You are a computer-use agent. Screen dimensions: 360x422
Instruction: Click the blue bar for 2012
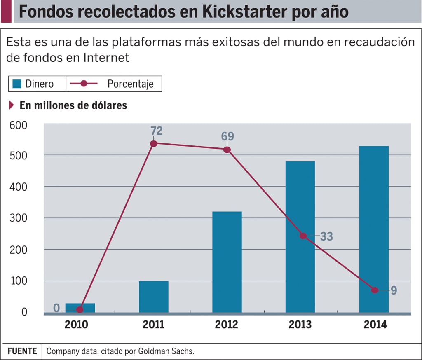[227, 262]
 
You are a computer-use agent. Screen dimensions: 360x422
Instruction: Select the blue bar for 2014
[374, 229]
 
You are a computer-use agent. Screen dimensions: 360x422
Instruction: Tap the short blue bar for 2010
[80, 308]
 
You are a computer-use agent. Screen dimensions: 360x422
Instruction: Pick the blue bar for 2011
[154, 297]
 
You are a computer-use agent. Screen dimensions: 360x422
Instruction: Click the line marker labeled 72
[154, 144]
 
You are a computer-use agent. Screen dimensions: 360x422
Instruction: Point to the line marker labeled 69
[227, 150]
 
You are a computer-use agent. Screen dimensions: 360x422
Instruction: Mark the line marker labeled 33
[303, 236]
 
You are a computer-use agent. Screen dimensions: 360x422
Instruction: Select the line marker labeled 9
[374, 290]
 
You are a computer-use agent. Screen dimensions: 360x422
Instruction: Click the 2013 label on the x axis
[300, 325]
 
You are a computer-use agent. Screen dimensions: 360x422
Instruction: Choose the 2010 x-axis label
[76, 325]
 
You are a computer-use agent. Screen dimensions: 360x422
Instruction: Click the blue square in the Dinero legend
[17, 84]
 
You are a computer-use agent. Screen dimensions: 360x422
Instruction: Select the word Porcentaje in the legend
[130, 84]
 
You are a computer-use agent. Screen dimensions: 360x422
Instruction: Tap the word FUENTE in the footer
[21, 351]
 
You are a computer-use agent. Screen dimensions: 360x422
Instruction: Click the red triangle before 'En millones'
[12, 105]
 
